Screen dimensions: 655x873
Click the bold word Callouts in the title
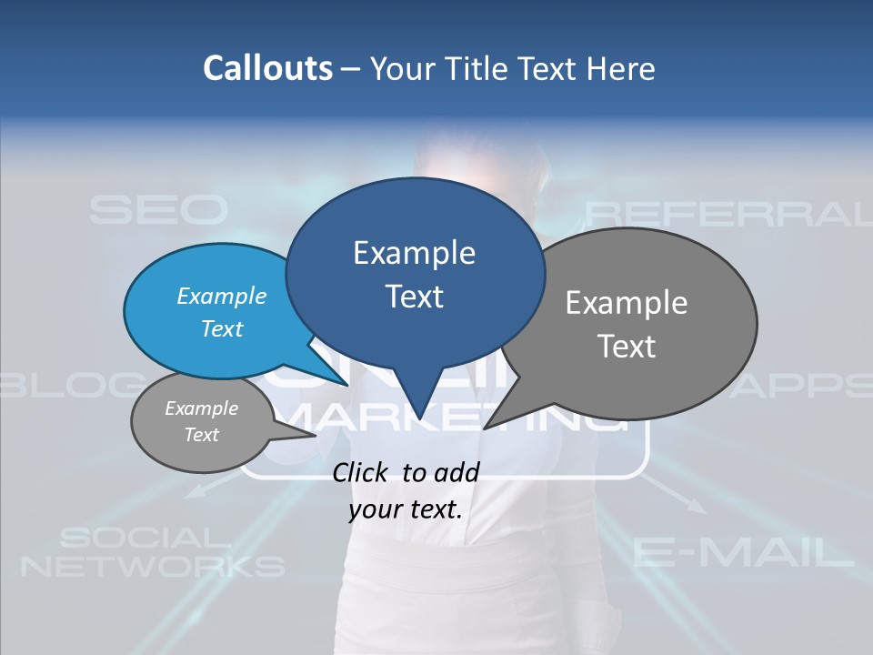[x=267, y=68]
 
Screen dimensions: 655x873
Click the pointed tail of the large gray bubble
[x=491, y=424]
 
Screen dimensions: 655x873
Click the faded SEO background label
[x=157, y=210]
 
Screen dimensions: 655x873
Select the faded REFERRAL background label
[x=727, y=214]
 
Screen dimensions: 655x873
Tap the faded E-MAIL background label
[x=743, y=551]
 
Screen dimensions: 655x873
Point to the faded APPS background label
[x=805, y=386]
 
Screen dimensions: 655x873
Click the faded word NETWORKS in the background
[x=153, y=567]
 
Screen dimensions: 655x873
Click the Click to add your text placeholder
[x=406, y=490]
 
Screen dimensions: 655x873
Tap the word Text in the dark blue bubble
[x=415, y=296]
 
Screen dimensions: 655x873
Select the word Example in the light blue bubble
[x=221, y=296]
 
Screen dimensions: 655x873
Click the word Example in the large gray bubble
[x=627, y=303]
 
